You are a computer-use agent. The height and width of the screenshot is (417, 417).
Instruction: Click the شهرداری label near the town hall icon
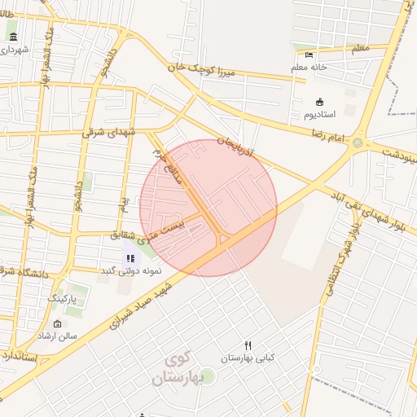pyautogui.click(x=14, y=50)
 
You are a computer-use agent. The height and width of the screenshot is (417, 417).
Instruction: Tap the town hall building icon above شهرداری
pyautogui.click(x=13, y=37)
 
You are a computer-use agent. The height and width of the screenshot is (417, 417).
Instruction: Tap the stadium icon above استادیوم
pyautogui.click(x=319, y=102)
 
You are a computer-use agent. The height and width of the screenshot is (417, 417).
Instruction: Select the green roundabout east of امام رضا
pyautogui.click(x=358, y=143)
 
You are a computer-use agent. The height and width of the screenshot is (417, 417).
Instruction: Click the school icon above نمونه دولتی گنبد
pyautogui.click(x=130, y=259)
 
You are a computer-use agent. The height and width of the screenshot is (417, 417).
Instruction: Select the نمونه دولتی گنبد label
pyautogui.click(x=130, y=271)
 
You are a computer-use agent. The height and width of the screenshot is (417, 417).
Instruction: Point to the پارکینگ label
pyautogui.click(x=68, y=300)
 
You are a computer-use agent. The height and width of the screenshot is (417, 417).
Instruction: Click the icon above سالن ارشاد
pyautogui.click(x=57, y=324)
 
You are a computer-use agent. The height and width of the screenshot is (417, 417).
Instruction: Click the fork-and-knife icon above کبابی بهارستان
pyautogui.click(x=248, y=345)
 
